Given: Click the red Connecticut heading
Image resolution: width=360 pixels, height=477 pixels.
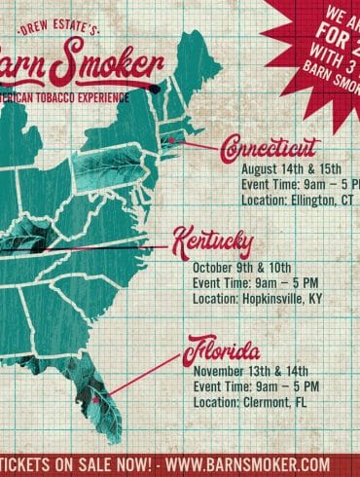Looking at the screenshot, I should (x=270, y=148).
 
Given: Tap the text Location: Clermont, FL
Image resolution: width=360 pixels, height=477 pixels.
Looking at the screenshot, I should (x=248, y=403).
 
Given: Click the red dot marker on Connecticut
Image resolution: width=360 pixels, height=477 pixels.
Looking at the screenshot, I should (x=172, y=141).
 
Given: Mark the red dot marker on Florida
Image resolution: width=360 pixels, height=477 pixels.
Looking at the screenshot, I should (x=96, y=398).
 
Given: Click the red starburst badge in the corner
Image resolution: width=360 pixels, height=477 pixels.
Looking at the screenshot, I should (x=316, y=29).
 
